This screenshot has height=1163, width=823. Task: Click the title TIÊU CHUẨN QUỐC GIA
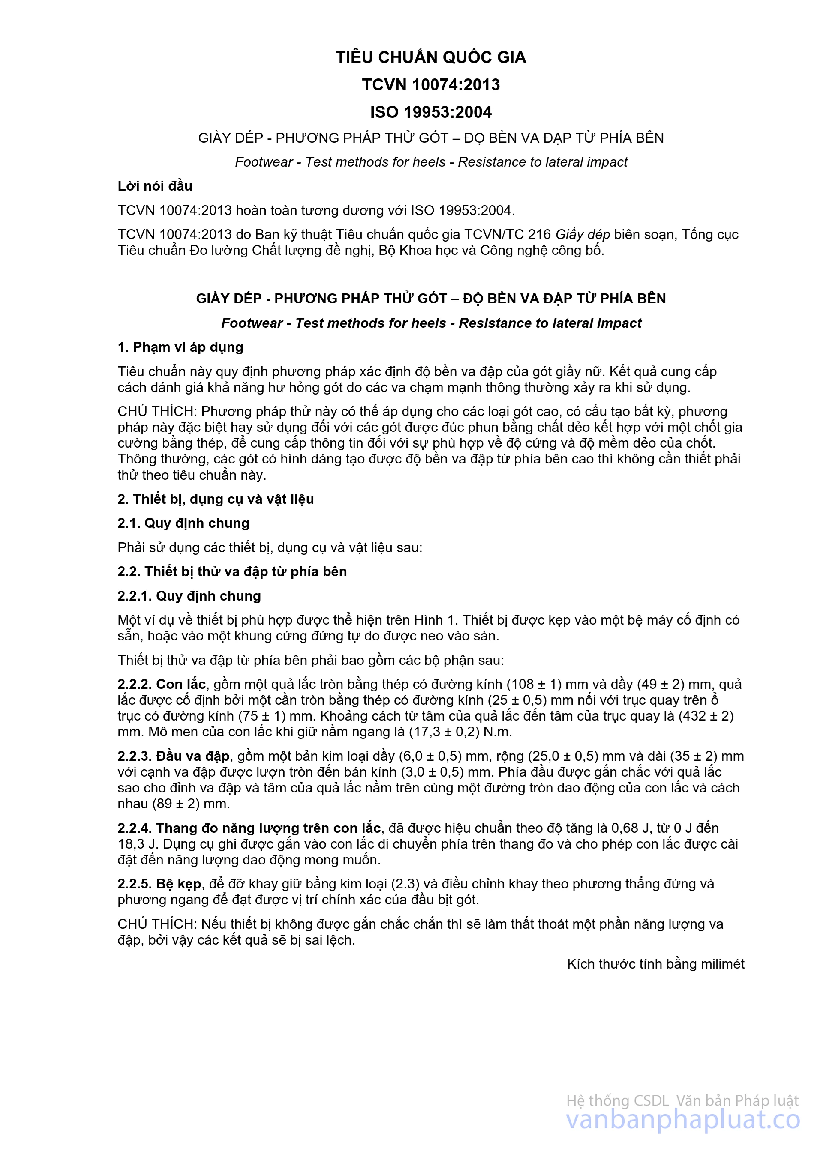point(431,57)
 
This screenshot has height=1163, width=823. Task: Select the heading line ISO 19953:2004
point(431,112)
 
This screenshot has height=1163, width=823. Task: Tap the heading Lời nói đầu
point(155,186)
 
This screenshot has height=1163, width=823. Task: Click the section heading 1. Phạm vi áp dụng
point(180,347)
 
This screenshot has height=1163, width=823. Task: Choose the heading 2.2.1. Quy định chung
point(189,596)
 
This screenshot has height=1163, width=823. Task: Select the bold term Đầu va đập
point(192,756)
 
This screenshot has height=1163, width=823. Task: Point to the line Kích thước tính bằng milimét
point(656,964)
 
